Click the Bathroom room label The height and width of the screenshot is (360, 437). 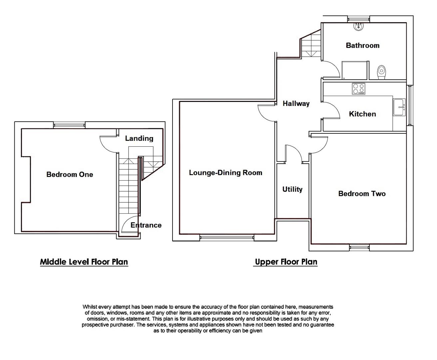click(362, 45)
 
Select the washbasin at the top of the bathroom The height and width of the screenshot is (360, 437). click(359, 26)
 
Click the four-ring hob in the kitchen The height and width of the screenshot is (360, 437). click(358, 89)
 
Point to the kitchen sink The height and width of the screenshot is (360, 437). click(399, 107)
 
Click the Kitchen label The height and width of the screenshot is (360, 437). click(362, 114)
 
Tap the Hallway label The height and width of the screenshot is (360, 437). click(296, 104)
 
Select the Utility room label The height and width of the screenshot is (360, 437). click(292, 189)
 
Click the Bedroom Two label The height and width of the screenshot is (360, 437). click(362, 194)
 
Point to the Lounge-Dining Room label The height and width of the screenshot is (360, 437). click(225, 173)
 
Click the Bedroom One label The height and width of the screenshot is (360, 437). click(70, 174)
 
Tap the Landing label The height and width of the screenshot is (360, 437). click(139, 138)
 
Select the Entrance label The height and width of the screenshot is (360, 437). click(146, 225)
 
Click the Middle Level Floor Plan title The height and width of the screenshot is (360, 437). click(84, 262)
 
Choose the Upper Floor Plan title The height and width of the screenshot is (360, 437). click(286, 262)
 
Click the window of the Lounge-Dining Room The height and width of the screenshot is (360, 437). click(226, 238)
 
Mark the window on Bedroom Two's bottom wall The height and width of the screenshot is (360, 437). click(359, 247)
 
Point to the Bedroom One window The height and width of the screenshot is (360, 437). click(70, 125)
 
